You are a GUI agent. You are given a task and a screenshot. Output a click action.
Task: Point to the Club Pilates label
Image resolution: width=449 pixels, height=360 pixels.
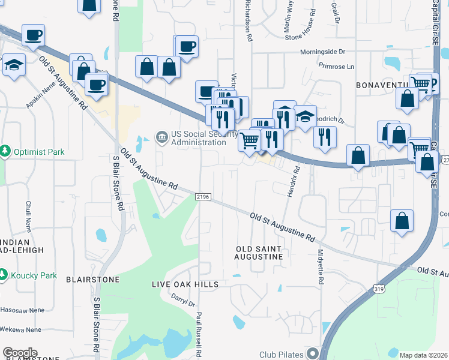(282, 354)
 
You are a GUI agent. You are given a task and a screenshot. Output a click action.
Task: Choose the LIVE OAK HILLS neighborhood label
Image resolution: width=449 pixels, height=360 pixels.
(185, 284)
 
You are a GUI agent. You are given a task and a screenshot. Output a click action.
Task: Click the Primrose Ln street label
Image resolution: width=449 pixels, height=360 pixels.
(337, 66)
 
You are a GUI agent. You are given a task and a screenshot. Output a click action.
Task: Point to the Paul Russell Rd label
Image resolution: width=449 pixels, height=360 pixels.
(198, 333)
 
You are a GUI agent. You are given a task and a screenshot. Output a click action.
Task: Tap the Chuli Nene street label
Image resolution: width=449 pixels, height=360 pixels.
(28, 216)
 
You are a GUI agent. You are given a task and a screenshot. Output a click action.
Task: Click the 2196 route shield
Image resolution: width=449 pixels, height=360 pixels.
(202, 196)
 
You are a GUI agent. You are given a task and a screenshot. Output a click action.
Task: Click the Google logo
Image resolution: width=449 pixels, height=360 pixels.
(20, 353)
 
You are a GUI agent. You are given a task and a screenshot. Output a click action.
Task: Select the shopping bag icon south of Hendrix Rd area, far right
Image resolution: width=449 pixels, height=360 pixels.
(402, 221)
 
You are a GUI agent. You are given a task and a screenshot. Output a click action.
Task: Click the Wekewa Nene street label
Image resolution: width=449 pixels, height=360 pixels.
(21, 329)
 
